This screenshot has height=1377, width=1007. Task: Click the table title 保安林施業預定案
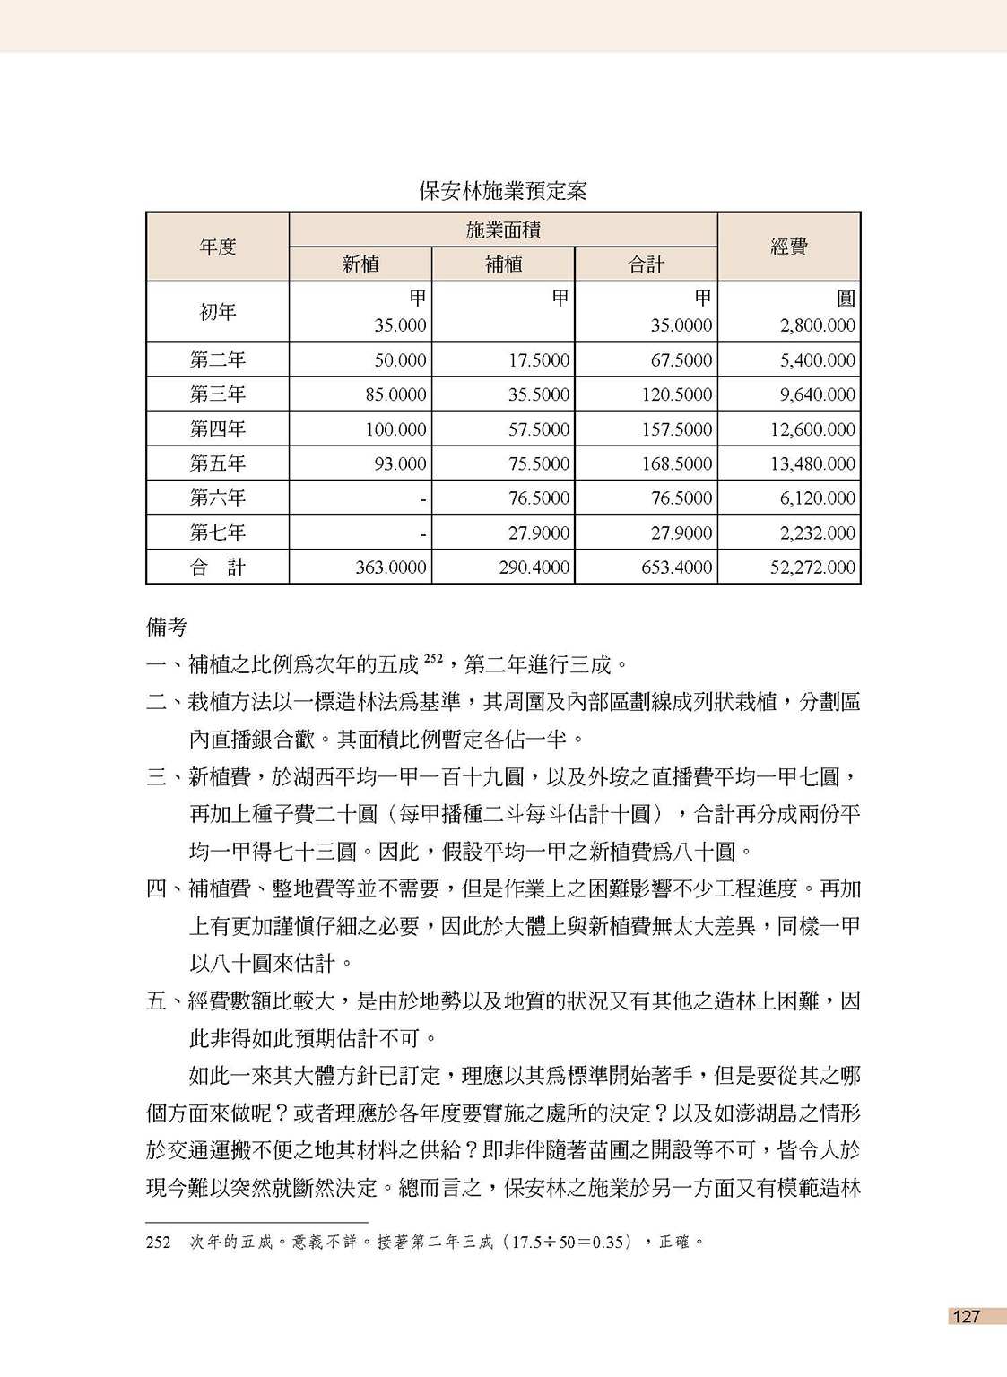[x=503, y=191]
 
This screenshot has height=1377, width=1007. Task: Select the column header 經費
[x=789, y=247]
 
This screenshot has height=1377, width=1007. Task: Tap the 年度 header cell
[x=217, y=247]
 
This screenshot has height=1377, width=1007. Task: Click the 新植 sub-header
[x=360, y=264]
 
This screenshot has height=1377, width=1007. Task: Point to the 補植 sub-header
[x=503, y=264]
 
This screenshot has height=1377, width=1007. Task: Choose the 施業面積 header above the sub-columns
[x=503, y=230]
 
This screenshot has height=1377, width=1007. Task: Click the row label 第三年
[x=217, y=394]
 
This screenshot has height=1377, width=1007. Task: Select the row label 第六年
[x=217, y=498]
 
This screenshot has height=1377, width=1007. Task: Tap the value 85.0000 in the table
[x=395, y=394]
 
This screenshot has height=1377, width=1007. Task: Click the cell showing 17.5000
[x=539, y=360]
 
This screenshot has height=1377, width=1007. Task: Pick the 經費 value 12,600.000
[x=813, y=429]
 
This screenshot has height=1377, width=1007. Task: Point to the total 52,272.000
[x=813, y=567]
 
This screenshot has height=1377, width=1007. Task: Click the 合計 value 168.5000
[x=677, y=463]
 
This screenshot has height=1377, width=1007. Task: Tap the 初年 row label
[x=217, y=312]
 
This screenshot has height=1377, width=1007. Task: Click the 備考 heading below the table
[x=167, y=627]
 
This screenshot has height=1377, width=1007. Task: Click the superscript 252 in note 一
[x=434, y=659]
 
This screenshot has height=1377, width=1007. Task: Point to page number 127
[x=967, y=1316]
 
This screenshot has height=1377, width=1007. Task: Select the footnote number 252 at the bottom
[x=158, y=1243]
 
